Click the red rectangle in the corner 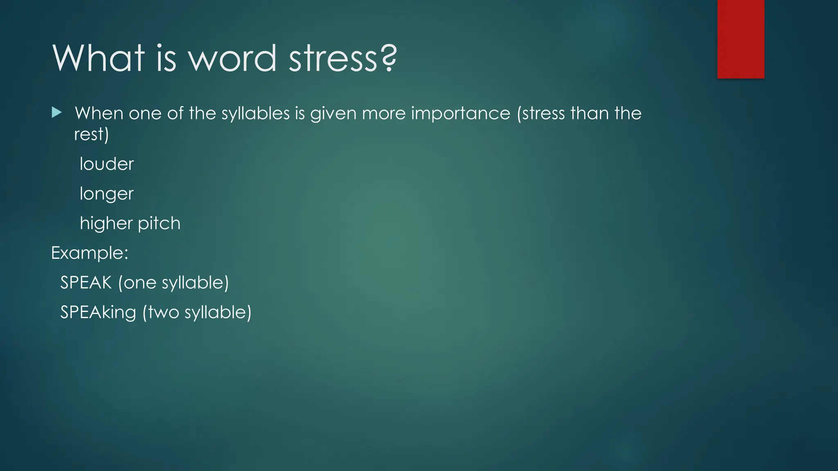[x=741, y=39]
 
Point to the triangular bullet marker [x=57, y=112]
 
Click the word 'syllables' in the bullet [x=256, y=113]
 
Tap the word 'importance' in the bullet [x=461, y=113]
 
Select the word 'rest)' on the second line [x=91, y=134]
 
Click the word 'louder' [x=106, y=164]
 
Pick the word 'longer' [x=106, y=194]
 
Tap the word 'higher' [x=106, y=223]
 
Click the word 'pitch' [x=159, y=223]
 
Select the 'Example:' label [x=90, y=253]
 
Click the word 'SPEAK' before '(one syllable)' [x=86, y=283]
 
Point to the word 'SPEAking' [x=98, y=312]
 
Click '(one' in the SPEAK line [x=137, y=283]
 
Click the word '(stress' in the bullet [x=541, y=113]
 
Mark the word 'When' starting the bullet [x=99, y=113]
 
